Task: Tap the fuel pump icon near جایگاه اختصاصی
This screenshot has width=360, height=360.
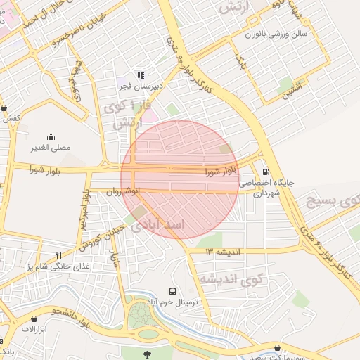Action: (265, 171)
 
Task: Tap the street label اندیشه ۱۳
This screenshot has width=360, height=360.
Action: (223, 251)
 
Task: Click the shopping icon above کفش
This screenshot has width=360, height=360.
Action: (6, 108)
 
